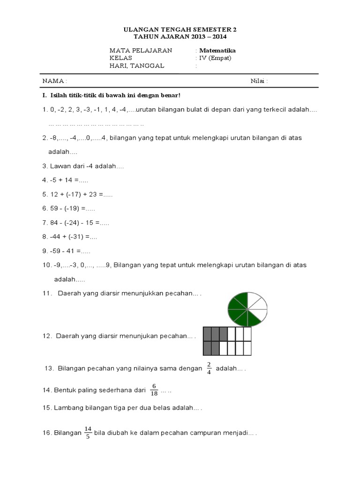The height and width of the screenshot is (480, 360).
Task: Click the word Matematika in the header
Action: (217, 51)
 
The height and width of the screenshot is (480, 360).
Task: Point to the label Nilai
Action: (259, 81)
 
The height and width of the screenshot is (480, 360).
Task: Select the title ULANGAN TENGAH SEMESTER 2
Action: (180, 30)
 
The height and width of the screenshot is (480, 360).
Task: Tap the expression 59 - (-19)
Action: (66, 208)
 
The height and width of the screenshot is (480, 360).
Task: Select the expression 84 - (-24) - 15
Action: (72, 222)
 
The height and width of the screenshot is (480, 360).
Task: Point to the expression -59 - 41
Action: (61, 251)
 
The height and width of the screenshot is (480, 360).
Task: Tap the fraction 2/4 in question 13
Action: (209, 369)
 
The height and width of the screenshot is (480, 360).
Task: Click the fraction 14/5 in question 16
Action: (88, 432)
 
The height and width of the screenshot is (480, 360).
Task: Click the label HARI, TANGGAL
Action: (137, 66)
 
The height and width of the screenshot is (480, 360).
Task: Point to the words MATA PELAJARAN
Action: (141, 51)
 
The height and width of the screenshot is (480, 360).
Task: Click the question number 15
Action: (47, 408)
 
